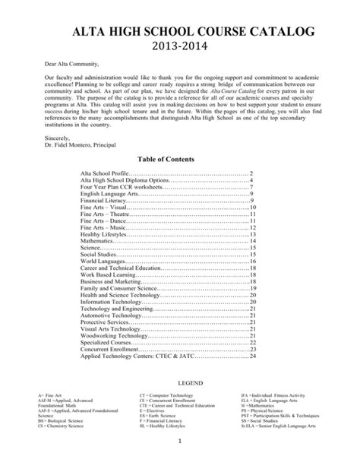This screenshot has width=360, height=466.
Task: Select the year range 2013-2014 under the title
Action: tap(180, 49)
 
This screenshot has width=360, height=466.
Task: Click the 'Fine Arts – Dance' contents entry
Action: tap(109, 220)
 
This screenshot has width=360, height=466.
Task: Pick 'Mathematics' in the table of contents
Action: tap(99, 241)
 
